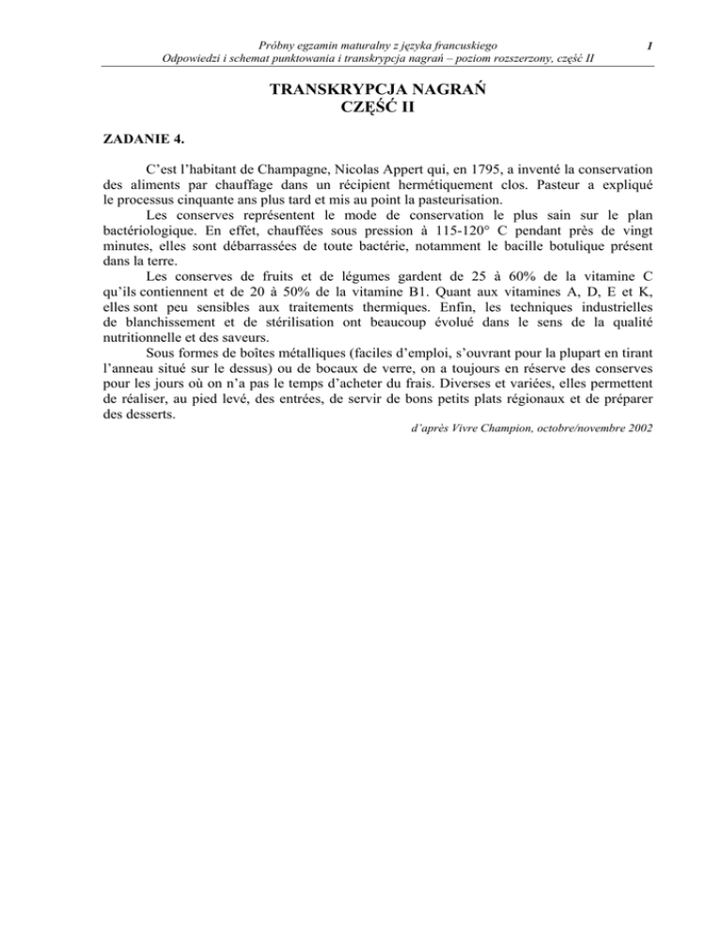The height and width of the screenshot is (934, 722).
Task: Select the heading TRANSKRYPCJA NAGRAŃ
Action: [x=360, y=91]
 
